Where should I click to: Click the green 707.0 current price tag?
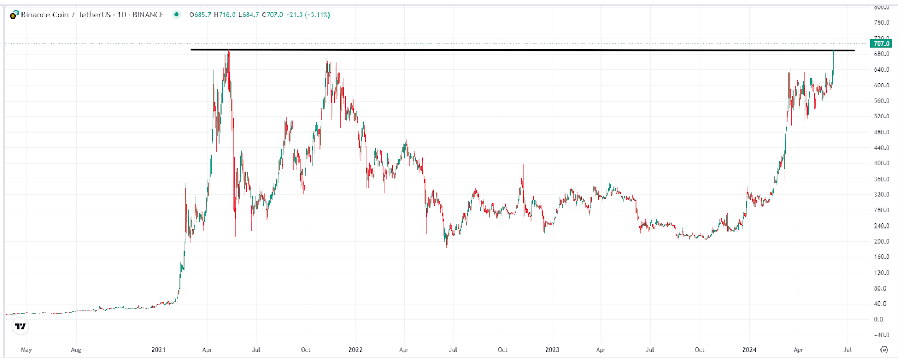(x=881, y=43)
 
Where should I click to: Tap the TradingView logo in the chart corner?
(x=20, y=326)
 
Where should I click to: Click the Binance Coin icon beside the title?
(x=14, y=15)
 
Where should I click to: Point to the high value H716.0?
(x=225, y=15)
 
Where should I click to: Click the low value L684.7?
(x=249, y=15)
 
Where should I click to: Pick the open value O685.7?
(x=200, y=15)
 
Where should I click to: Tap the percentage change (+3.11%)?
(x=317, y=15)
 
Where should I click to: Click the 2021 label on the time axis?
(x=159, y=349)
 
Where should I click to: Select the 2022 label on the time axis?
(x=356, y=349)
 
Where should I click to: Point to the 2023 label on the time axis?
(x=552, y=349)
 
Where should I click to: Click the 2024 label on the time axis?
(x=749, y=349)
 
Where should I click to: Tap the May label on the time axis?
(x=26, y=349)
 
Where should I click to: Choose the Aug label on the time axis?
(x=76, y=349)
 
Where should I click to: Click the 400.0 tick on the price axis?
(x=882, y=163)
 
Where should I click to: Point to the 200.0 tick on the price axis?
(x=882, y=241)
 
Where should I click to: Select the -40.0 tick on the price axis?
(x=882, y=335)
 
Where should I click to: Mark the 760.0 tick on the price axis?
(x=882, y=23)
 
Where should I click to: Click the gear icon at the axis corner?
(x=884, y=349)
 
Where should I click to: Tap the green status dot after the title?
(x=177, y=15)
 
